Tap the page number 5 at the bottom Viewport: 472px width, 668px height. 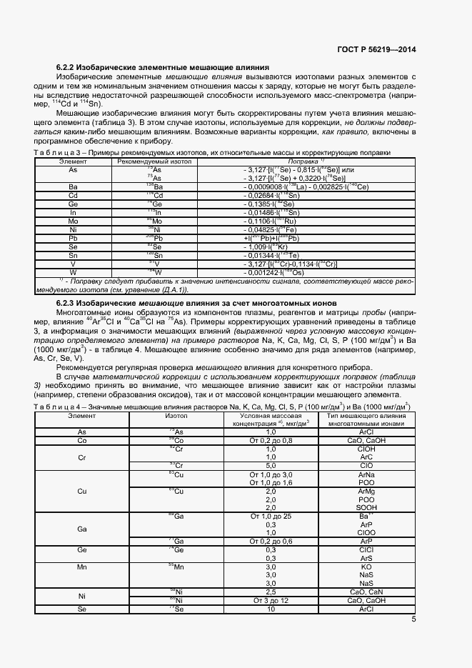click(x=413, y=619)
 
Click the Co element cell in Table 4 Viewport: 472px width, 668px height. click(x=82, y=441)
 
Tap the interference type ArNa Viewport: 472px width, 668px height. click(x=366, y=474)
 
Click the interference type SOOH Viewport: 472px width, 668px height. click(x=366, y=508)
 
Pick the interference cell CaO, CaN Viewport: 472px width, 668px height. click(x=366, y=592)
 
